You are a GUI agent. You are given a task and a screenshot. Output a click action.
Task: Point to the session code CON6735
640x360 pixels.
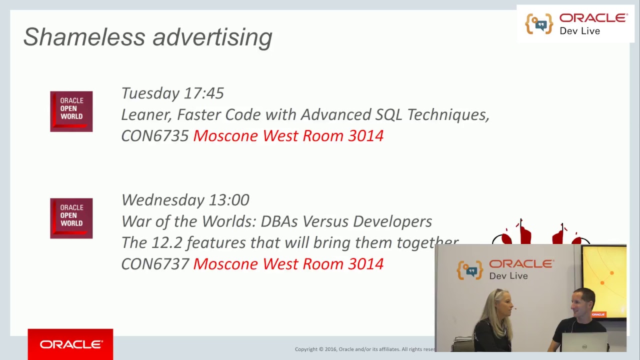(x=155, y=136)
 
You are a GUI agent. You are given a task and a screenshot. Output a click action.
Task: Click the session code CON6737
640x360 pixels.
(x=155, y=264)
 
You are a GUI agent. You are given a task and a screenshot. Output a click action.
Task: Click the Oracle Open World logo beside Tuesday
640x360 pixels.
(x=71, y=111)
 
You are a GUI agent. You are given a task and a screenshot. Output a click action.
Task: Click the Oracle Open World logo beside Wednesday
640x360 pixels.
(x=71, y=218)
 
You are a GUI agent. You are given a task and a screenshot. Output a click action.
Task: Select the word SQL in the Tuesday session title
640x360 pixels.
(x=389, y=115)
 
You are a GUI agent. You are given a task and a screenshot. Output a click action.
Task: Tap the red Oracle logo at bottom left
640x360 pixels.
(x=70, y=344)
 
